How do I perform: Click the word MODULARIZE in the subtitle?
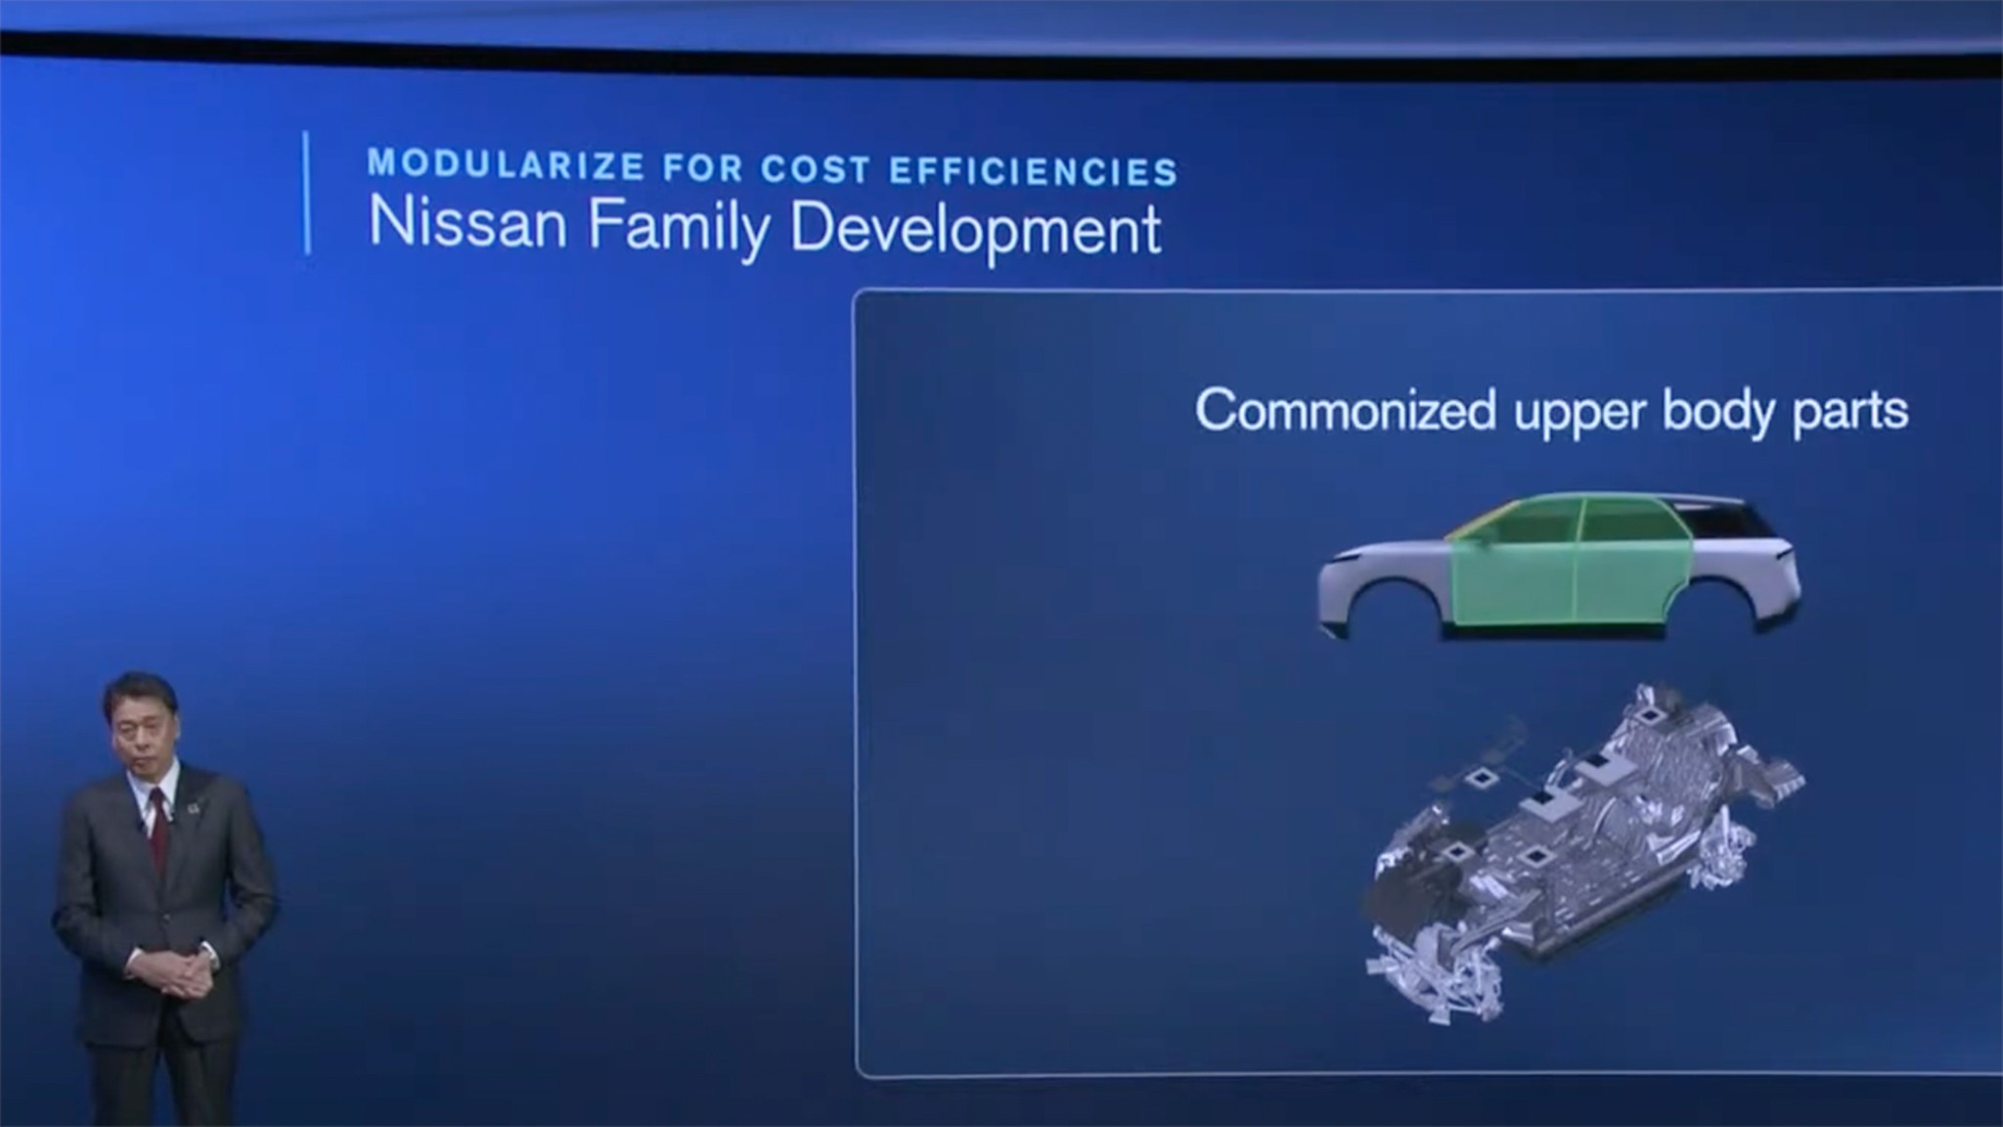[x=505, y=165]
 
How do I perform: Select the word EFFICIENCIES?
[x=1033, y=172]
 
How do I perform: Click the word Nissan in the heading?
[x=467, y=224]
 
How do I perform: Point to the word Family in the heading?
[x=679, y=227]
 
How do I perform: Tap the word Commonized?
[x=1345, y=410]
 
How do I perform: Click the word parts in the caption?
[x=1849, y=411]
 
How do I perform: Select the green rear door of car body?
[x=1628, y=567]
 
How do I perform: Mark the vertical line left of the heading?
[x=308, y=193]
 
